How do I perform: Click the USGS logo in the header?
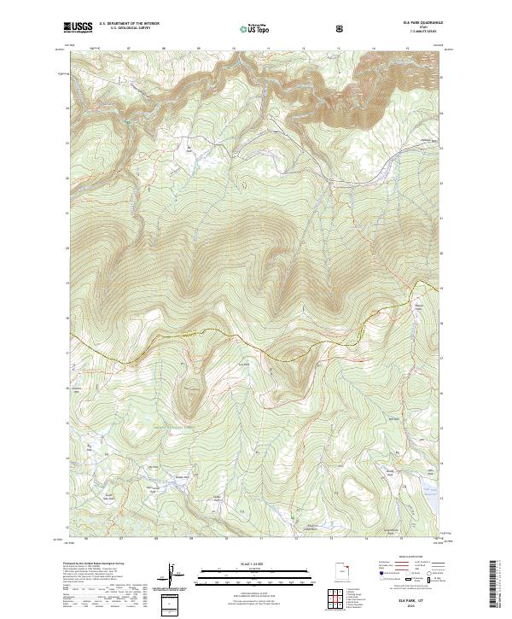pyautogui.click(x=79, y=26)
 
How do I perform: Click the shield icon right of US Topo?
pyautogui.click(x=341, y=28)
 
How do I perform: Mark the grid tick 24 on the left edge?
pyautogui.click(x=67, y=109)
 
